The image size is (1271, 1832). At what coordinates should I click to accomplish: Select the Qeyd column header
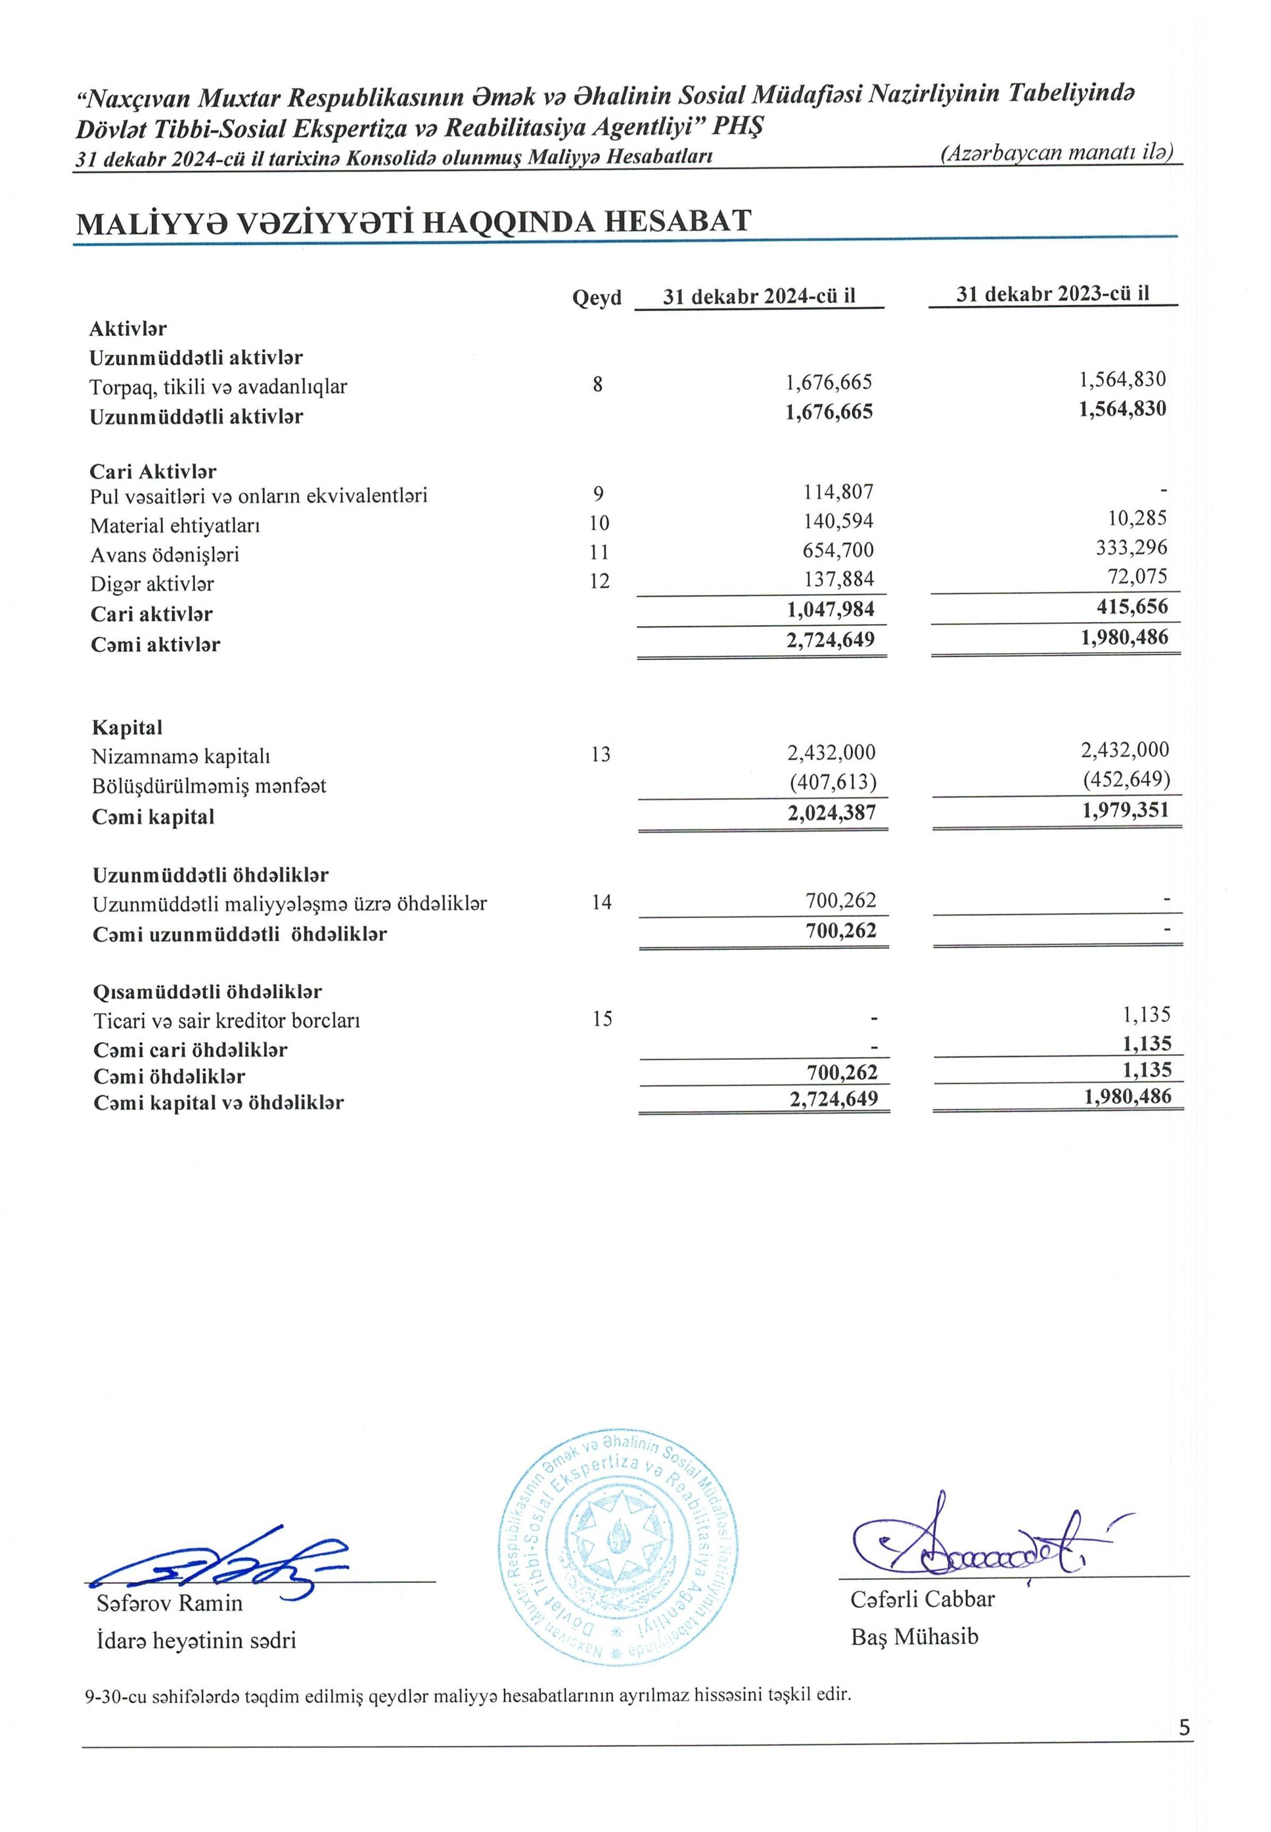[x=596, y=298]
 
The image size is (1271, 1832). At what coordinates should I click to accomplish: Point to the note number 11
[x=599, y=552]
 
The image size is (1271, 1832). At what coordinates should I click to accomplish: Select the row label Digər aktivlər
[x=152, y=584]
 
